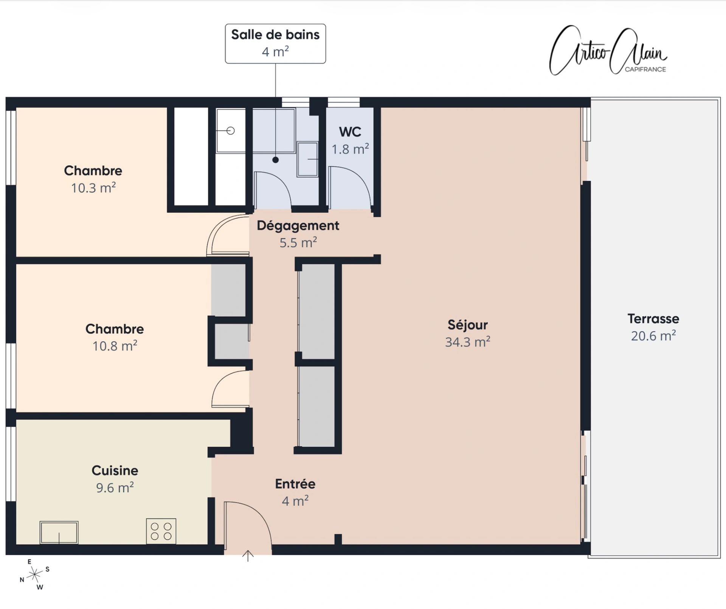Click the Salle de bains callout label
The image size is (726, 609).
tap(275, 43)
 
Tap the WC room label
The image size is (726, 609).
tap(350, 132)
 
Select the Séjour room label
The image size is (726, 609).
tap(468, 325)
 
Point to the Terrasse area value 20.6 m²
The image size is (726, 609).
tap(653, 336)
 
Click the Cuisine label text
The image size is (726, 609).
tap(115, 470)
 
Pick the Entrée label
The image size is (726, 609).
tap(295, 484)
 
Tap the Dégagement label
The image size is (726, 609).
tap(298, 225)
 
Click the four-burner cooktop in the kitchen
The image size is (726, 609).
tap(161, 531)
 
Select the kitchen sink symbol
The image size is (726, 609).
tap(59, 532)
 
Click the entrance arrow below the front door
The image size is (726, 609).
tap(248, 556)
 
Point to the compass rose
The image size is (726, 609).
tap(34, 575)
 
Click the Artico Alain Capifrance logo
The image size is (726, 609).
tap(608, 50)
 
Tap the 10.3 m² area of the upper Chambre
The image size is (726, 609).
tap(93, 188)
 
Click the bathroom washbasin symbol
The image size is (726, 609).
tap(307, 159)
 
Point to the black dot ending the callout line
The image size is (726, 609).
tap(276, 160)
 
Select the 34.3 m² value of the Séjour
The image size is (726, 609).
tap(468, 342)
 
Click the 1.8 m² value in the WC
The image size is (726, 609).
tap(350, 149)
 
